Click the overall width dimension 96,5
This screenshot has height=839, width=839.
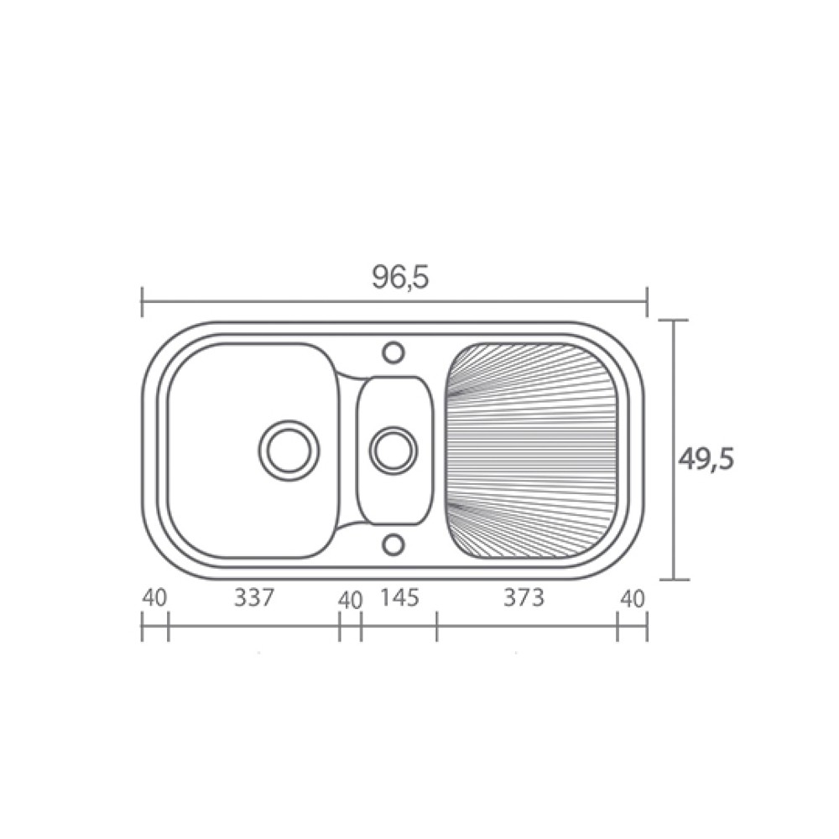pos(401,277)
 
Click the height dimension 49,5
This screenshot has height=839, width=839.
pos(706,459)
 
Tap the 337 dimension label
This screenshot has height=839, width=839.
pos(254,597)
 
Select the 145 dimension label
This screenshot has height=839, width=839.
pos(399,597)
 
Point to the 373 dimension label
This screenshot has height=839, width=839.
pos(524,597)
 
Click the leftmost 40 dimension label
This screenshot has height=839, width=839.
pos(154,597)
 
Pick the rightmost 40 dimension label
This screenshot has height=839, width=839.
pos(633,599)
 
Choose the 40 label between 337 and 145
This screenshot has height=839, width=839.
pos(351,601)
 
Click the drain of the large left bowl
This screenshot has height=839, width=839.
pos(289,450)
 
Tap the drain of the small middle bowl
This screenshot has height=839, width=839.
pos(393,450)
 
